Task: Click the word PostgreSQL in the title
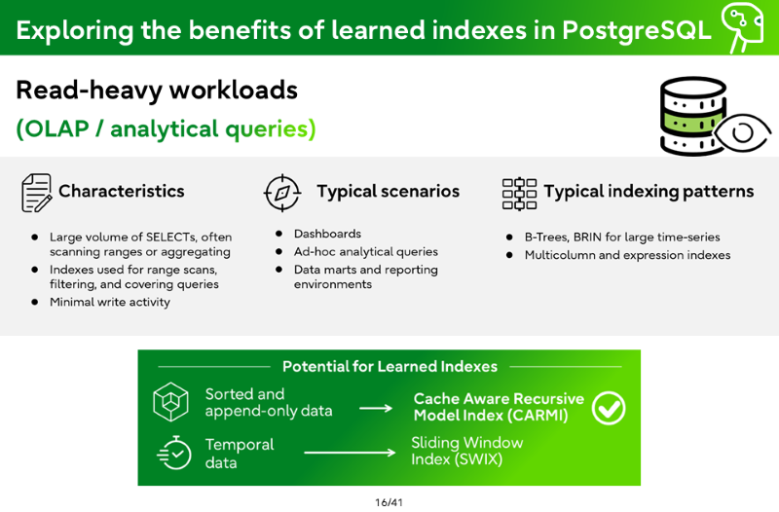point(637,30)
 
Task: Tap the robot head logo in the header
point(743,27)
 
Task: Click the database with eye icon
point(716,116)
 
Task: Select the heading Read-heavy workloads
point(157,91)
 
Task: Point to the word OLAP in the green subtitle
point(56,128)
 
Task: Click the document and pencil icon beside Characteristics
point(36,193)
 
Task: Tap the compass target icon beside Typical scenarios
point(282,193)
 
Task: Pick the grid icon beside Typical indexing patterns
point(519,194)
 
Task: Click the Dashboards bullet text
point(327,234)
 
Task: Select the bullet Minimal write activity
point(110,302)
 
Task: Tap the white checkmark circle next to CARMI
point(609,408)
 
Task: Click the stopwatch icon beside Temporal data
point(174,453)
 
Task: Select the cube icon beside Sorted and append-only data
point(170,402)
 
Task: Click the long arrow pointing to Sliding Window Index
point(350,453)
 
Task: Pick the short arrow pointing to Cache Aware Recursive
point(376,408)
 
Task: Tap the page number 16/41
point(389,502)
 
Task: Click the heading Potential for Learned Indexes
point(390,367)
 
